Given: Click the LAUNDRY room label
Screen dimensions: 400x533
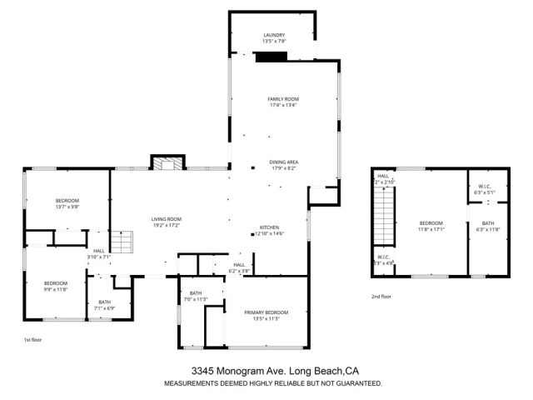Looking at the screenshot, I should pos(274,34).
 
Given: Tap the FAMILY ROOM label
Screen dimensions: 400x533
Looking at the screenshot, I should pos(283,98).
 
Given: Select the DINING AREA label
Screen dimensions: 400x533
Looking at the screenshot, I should pos(283,162).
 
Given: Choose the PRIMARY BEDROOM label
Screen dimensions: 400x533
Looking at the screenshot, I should pos(267,312).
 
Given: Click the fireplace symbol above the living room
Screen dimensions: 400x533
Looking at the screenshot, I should pos(164,162).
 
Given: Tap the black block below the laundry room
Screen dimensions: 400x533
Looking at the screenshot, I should pos(271,57).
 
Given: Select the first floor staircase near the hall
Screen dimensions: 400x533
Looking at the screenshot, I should pos(122,243).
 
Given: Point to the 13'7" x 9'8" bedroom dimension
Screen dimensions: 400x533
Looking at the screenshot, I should pos(67,207).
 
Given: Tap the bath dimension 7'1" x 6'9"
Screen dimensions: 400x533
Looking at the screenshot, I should pos(104,307).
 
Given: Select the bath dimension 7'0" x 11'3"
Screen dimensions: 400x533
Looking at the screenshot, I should pos(196,298).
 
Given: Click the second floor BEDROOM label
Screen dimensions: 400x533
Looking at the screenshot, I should pos(431,222).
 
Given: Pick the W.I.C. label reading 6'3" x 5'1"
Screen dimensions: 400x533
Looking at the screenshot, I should pos(484,192).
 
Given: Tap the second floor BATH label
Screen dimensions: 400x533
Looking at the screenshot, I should pos(487,222).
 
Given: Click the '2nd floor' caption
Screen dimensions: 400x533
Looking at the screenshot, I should pos(381,296).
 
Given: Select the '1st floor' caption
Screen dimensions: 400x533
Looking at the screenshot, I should pos(32,340).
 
